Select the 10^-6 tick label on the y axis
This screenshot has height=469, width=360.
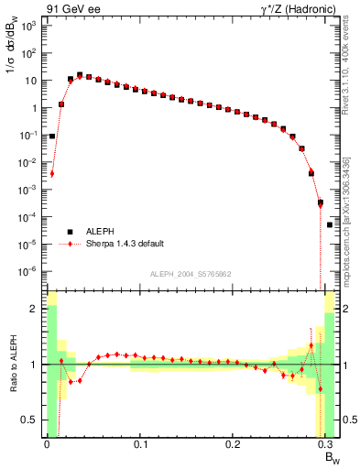coord(27,271)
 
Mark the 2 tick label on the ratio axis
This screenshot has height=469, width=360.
coord(34,309)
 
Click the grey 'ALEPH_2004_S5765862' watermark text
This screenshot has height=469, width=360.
coord(191,274)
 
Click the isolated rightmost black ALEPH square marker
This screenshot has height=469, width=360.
coord(330,224)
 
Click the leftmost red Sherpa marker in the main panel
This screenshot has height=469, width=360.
coord(52,173)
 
